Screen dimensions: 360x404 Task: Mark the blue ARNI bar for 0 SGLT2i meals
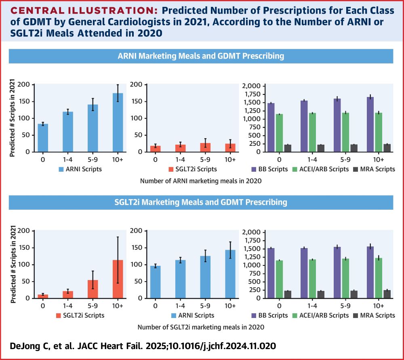click(x=155, y=282)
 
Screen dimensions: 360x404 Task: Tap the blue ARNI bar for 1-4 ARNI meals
click(x=68, y=132)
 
